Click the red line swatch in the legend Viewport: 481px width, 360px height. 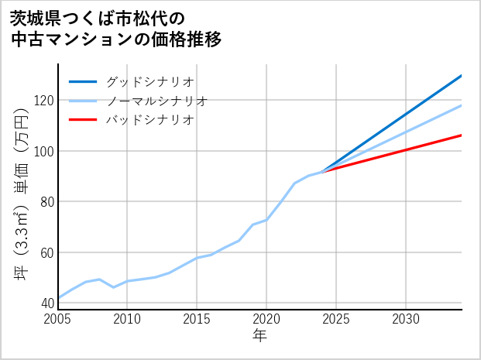[x=83, y=120]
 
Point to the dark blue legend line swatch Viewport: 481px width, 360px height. [x=83, y=81]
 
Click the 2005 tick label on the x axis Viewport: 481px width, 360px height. [x=58, y=319]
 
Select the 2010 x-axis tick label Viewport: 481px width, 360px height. [x=128, y=319]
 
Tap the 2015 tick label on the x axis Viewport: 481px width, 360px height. [x=198, y=319]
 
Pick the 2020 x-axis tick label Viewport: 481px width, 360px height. [x=266, y=319]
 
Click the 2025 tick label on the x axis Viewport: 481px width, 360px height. [x=336, y=319]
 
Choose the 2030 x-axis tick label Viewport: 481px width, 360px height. [x=406, y=319]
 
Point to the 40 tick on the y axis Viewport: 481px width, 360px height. [x=46, y=303]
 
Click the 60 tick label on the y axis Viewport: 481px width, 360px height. [x=46, y=252]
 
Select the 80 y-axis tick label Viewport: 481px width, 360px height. [x=46, y=202]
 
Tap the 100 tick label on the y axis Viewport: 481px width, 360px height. [x=43, y=151]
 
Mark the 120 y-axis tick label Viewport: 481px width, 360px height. [x=43, y=101]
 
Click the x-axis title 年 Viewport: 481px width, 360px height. [x=259, y=337]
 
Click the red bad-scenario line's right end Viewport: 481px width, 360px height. [x=461, y=135]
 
